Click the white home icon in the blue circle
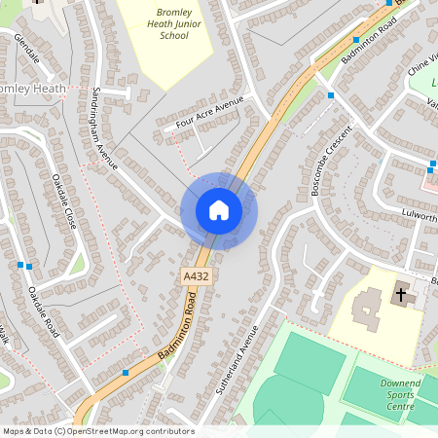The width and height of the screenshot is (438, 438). [218, 210]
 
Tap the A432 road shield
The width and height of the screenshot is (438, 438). [196, 277]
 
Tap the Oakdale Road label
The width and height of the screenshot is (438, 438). [44, 312]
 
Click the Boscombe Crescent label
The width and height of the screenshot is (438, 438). [329, 163]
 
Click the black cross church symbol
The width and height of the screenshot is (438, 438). [400, 294]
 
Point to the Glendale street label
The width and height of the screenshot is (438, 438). [27, 49]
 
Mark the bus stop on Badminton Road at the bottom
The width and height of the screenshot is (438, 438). [125, 372]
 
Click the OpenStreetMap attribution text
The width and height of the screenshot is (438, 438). [97, 431]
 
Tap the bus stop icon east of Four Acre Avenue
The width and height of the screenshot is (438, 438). [331, 95]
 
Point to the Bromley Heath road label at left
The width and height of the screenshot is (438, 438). [33, 90]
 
